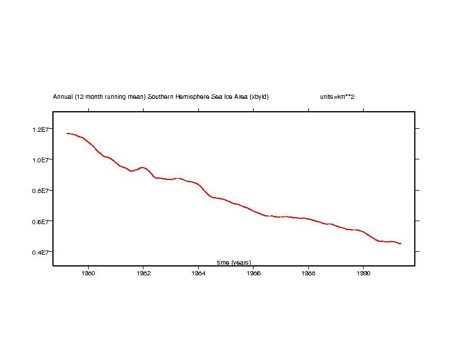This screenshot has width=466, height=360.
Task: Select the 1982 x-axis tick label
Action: click(x=144, y=273)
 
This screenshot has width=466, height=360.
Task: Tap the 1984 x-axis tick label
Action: click(x=198, y=273)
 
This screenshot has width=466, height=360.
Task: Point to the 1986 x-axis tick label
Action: click(x=254, y=273)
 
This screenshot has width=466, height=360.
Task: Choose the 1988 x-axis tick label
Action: click(x=308, y=273)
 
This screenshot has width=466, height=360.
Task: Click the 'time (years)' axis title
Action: click(x=234, y=262)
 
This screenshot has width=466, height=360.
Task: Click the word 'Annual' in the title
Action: click(x=63, y=96)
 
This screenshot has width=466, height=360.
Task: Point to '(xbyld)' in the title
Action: click(x=259, y=96)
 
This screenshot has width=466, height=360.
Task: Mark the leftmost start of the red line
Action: click(x=67, y=134)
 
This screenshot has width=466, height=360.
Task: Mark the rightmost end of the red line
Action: click(x=401, y=244)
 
